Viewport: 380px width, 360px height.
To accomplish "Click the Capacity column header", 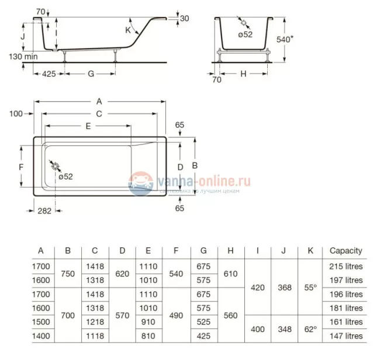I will (346, 251).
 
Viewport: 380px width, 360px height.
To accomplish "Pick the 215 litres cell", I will (346, 266).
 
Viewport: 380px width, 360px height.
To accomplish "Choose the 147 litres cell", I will (346, 336).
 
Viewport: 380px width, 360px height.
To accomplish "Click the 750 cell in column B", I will (68, 273).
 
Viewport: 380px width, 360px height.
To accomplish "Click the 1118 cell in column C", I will (95, 336).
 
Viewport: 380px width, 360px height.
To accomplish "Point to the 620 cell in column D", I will (122, 273).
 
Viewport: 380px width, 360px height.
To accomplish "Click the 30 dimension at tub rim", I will (184, 18).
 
